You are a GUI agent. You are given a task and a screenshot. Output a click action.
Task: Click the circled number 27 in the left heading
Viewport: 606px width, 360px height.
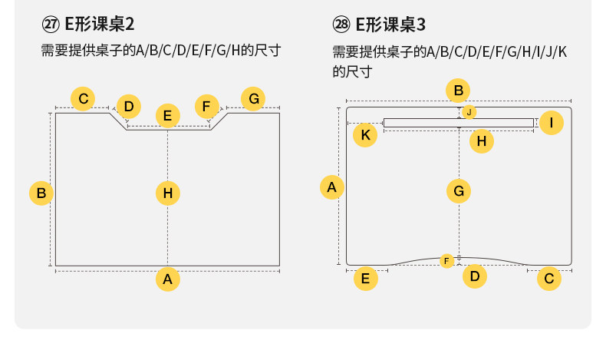tap(50, 24)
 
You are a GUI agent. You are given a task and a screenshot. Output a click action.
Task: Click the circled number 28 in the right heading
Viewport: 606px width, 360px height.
tap(341, 24)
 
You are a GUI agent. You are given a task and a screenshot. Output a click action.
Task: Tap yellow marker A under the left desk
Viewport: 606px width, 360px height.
tap(167, 279)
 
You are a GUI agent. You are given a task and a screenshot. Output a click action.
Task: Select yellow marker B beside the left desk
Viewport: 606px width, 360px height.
tap(41, 192)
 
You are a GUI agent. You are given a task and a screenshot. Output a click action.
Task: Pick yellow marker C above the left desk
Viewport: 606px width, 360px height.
tap(83, 99)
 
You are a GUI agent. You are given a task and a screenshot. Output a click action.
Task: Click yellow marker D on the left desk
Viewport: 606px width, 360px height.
tap(128, 106)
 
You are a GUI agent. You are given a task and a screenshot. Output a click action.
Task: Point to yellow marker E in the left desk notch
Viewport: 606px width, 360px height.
tap(167, 116)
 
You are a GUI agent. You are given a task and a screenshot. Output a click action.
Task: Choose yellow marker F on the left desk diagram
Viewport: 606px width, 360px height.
tap(206, 106)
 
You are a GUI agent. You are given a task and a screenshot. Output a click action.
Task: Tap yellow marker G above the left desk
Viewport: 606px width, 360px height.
tap(253, 99)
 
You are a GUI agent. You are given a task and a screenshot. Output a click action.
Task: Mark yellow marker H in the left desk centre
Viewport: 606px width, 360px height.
tap(167, 192)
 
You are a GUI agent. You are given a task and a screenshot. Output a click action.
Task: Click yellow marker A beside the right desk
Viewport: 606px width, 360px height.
tap(331, 187)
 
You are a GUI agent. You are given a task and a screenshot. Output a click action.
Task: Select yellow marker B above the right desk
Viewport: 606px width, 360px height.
tap(458, 91)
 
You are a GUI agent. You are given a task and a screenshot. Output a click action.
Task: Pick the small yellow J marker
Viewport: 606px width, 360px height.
tap(469, 112)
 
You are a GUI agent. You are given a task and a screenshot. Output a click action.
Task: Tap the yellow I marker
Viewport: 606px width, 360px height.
tap(551, 122)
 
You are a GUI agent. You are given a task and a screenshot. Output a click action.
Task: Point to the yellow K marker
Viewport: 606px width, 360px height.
tap(365, 136)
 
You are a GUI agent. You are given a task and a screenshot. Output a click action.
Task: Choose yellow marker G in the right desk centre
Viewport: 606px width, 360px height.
tap(458, 190)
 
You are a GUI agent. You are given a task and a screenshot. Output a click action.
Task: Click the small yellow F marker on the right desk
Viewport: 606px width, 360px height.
tap(446, 261)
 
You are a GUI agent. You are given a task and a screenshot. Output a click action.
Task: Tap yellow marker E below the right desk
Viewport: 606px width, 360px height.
tap(365, 279)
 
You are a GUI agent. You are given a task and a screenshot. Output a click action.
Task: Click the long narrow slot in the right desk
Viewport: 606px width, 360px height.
tap(430, 123)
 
